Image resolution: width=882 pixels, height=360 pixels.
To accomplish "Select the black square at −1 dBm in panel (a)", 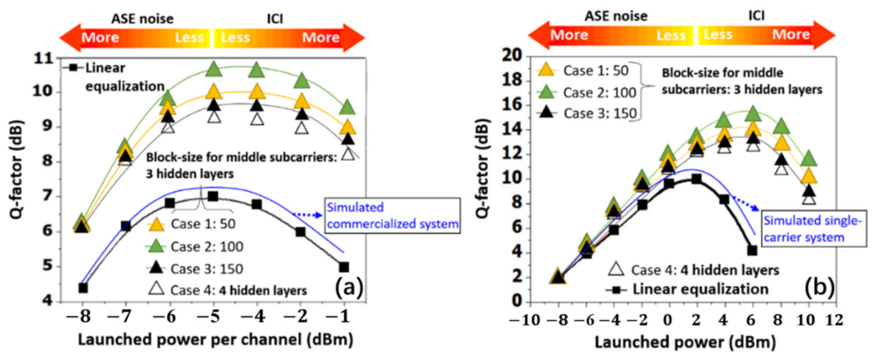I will [344, 267].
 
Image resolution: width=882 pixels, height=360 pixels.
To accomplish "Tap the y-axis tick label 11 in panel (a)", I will [44, 58].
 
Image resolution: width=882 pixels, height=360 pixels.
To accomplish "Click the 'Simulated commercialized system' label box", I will [392, 216].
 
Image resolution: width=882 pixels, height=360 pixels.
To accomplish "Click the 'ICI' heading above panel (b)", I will [756, 16].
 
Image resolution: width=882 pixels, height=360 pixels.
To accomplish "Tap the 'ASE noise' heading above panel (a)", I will [142, 18].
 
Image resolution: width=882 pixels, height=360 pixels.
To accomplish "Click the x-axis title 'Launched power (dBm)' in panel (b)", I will [685, 342].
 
